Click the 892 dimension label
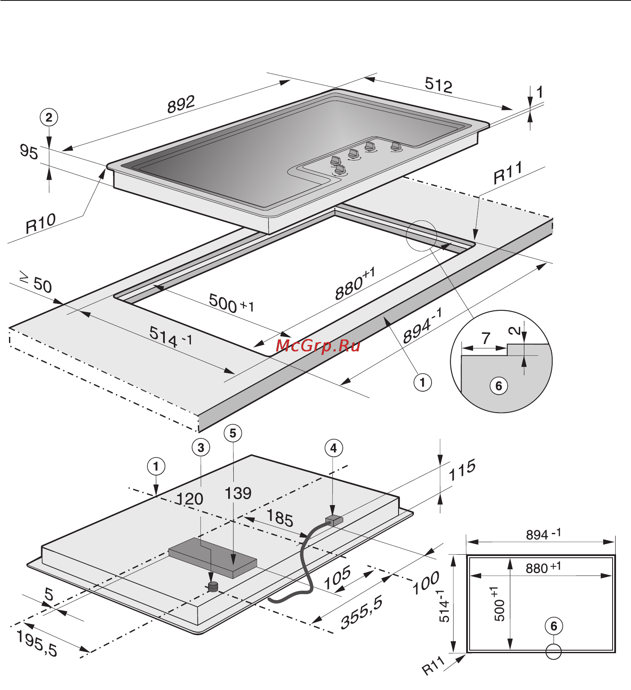click(x=181, y=104)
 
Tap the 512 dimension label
click(x=438, y=85)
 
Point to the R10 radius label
click(x=41, y=223)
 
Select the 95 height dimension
click(x=29, y=152)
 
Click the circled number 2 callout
click(x=49, y=117)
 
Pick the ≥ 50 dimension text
click(x=36, y=283)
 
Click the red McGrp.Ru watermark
click(x=318, y=345)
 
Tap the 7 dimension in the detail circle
click(x=485, y=339)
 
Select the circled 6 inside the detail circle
click(x=499, y=386)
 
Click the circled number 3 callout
click(x=201, y=448)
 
